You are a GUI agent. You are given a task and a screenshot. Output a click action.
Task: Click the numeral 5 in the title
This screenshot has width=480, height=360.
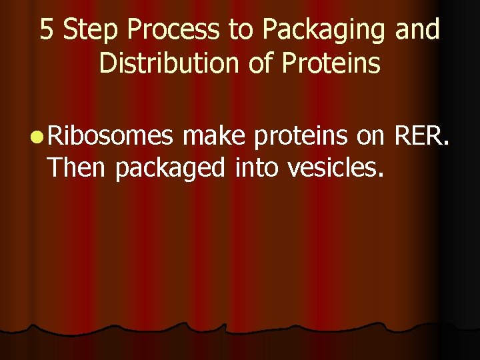[x=46, y=30]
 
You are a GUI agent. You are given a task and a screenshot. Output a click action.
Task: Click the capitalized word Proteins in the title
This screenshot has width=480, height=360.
[x=331, y=64]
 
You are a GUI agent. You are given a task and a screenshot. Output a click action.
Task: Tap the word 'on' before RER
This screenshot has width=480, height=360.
[x=371, y=137]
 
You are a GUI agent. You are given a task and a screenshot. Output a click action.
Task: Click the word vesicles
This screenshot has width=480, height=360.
[x=333, y=168]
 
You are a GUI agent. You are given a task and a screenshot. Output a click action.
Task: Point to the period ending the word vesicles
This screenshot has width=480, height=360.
[x=381, y=176]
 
